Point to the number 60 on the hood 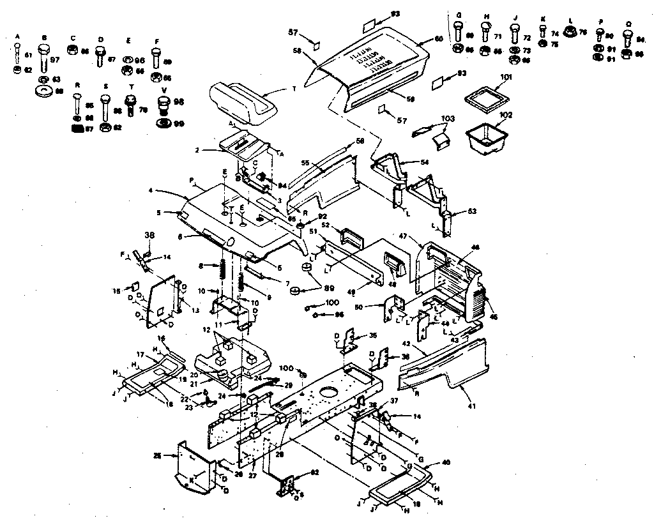point(438,40)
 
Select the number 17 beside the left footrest point(140,355)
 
